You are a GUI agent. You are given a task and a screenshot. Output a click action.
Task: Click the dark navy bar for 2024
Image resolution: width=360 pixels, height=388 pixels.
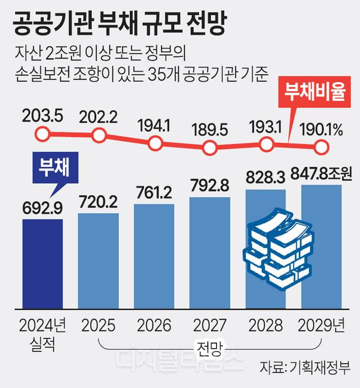43,264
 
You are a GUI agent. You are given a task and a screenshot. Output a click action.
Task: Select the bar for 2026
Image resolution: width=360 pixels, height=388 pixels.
154,256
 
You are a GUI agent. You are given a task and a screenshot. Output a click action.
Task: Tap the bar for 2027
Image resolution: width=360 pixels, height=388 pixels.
210,253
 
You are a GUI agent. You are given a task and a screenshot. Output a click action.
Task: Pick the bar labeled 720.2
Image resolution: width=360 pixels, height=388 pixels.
98,261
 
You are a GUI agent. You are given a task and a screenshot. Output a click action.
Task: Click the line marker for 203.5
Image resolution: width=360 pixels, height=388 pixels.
42,134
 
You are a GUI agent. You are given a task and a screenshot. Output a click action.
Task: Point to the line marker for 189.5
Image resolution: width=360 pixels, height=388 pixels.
210,147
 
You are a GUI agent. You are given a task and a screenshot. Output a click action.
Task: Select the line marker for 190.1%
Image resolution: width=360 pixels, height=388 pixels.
322,147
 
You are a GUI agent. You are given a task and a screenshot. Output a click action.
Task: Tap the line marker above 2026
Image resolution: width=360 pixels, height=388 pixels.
155,143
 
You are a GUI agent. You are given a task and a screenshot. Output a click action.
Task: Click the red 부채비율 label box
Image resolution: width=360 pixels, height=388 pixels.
314,92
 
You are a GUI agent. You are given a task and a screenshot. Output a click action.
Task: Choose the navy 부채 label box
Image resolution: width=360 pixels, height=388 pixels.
56,168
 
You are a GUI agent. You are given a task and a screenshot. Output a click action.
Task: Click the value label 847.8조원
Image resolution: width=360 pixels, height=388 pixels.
321,173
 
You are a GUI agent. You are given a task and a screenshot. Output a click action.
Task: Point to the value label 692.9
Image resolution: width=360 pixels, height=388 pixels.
42,209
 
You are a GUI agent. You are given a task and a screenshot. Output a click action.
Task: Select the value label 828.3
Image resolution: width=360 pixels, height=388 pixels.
265,177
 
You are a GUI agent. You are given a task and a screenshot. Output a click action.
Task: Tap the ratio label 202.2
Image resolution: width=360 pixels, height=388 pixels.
98,117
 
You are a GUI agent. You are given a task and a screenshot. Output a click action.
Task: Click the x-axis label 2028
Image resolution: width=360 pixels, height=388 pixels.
265,325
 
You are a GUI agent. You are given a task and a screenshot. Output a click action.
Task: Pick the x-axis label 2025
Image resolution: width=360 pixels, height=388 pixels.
98,325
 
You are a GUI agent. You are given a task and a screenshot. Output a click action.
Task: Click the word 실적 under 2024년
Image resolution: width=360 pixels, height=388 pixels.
42,344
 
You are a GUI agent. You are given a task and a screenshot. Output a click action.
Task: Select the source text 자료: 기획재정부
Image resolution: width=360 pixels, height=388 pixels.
305,367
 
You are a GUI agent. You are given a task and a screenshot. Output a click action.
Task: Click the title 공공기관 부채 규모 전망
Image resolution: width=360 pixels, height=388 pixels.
119,24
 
